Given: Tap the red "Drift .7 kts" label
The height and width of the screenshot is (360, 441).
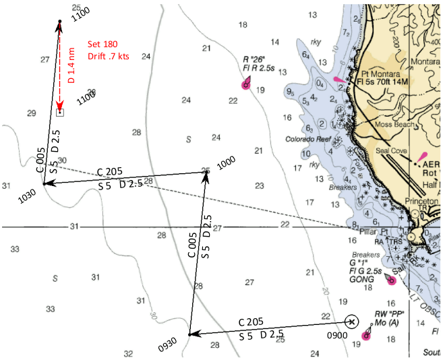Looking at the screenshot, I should coord(109,56).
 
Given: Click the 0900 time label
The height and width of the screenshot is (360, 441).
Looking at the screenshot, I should coord(337,335).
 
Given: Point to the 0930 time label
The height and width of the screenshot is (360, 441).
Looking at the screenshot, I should coord(168,344).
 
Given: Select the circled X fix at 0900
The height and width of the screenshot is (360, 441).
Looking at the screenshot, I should coord(351,322).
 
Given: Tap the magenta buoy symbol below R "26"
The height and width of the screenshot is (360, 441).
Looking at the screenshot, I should coord(246,85).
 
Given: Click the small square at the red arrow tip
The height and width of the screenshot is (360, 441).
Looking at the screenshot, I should coord(60,112).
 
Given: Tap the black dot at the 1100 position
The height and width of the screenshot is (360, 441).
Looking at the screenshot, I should coord(60,22).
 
